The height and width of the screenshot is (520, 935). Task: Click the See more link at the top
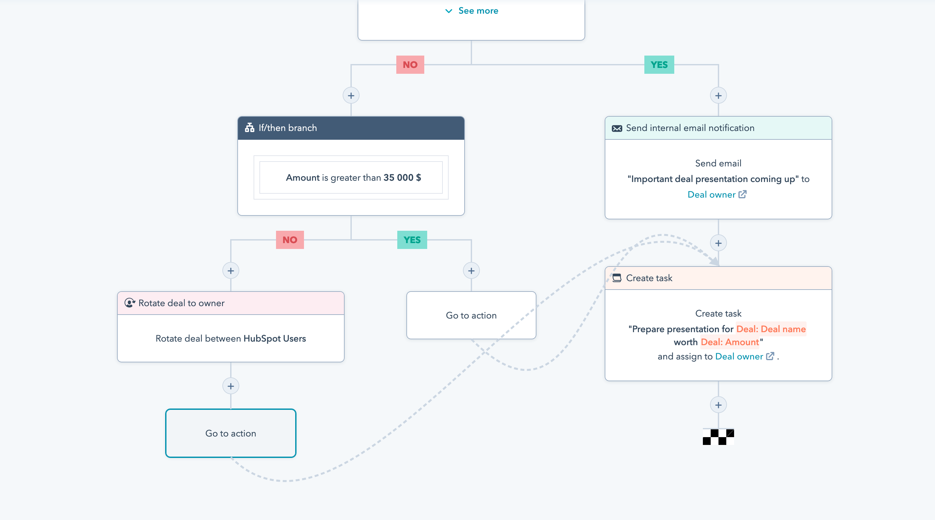click(472, 11)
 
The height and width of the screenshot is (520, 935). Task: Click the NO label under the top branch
click(410, 65)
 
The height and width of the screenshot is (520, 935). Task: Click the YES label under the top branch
click(659, 65)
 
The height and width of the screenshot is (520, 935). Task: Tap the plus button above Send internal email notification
click(718, 96)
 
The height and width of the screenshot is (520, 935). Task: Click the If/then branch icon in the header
click(249, 128)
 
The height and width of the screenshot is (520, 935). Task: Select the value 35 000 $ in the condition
click(402, 177)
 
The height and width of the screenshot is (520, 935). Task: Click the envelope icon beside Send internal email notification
click(617, 128)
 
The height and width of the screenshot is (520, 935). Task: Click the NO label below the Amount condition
click(290, 240)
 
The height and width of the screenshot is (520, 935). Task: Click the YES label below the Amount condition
click(412, 240)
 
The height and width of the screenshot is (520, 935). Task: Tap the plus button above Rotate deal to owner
click(231, 271)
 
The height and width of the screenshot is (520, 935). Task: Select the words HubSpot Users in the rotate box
click(274, 338)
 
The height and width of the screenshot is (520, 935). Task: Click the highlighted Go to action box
click(231, 433)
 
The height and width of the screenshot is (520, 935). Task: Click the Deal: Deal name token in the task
click(770, 329)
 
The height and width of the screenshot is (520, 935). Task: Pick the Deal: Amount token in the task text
click(730, 342)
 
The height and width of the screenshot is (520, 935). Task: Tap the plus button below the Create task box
click(718, 405)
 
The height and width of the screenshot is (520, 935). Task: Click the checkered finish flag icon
click(718, 436)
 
